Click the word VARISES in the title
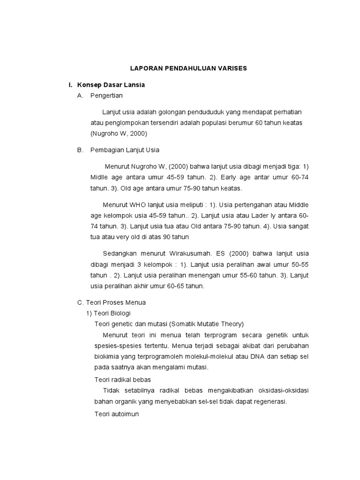(x=230, y=68)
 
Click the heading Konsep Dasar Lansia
(x=111, y=85)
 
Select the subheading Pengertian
(x=106, y=95)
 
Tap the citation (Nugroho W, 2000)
(x=119, y=134)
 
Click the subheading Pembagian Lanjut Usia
(x=125, y=150)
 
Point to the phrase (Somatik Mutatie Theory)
(x=207, y=324)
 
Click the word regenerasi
(x=269, y=401)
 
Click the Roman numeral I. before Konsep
(x=70, y=85)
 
